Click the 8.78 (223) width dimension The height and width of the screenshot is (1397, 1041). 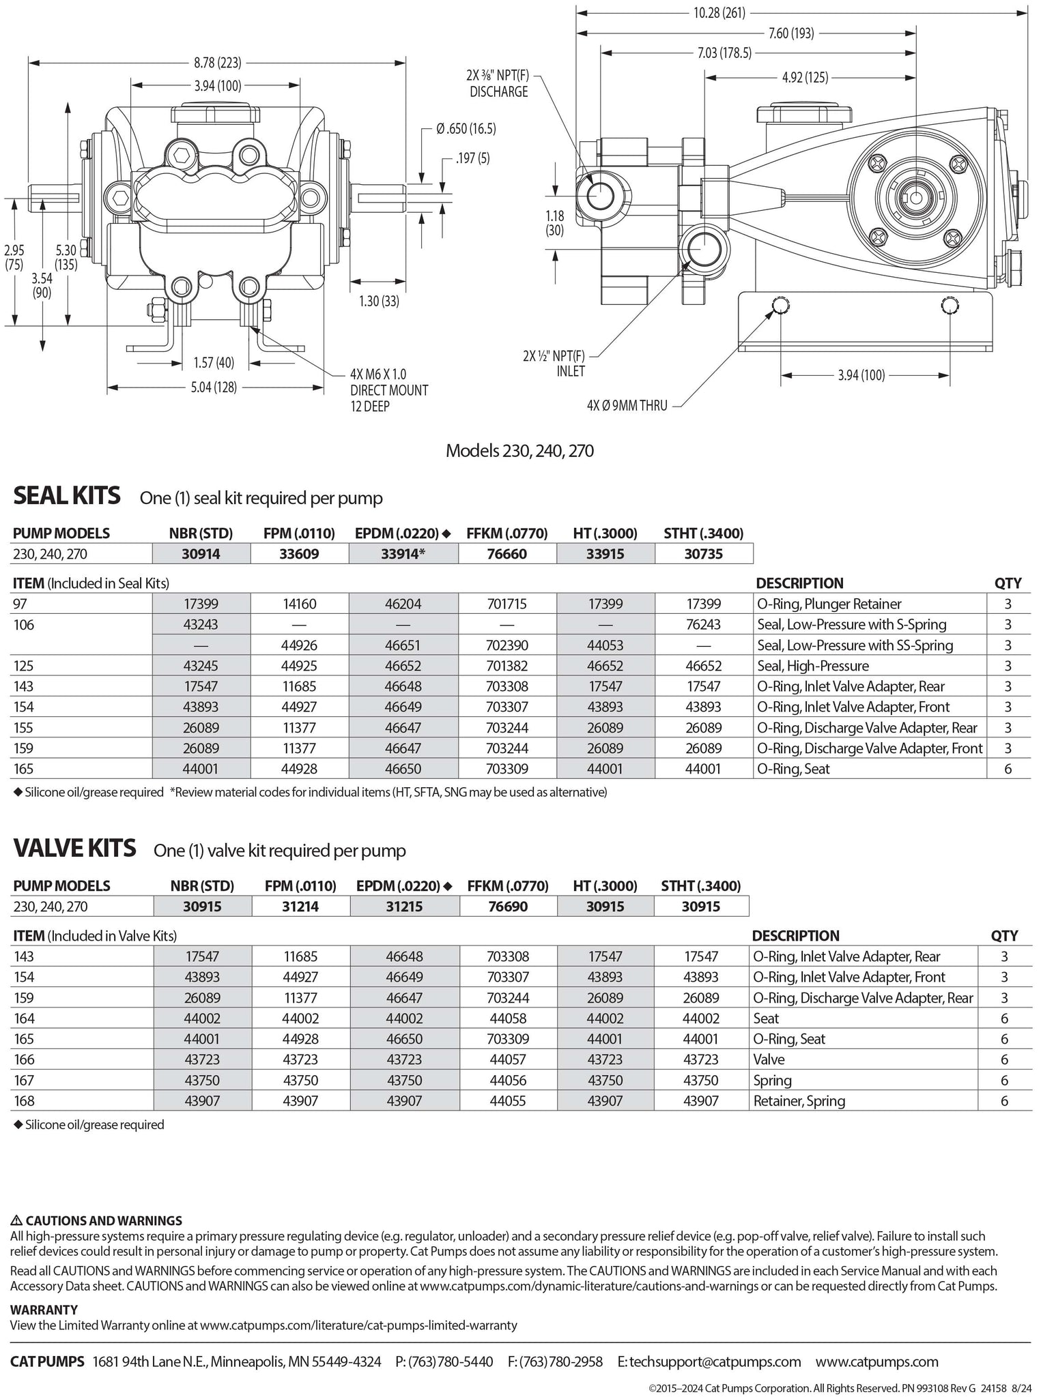point(217,63)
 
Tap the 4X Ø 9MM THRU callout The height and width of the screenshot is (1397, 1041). point(627,405)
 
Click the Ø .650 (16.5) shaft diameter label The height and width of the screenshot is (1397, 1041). point(466,129)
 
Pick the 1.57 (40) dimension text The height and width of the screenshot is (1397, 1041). point(213,362)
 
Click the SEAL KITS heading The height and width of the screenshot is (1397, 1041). point(67,495)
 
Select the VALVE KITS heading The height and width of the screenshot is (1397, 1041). point(74,848)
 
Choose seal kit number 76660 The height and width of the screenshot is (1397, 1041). point(506,554)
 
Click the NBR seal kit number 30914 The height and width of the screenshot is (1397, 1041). point(201,554)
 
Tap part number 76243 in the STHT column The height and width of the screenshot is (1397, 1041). point(703,624)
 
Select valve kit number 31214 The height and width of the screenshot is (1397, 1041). point(300,907)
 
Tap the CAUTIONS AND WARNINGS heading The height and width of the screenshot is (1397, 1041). point(96,1220)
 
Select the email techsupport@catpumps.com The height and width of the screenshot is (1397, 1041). point(709,1362)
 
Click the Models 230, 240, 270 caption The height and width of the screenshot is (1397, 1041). point(519,451)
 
